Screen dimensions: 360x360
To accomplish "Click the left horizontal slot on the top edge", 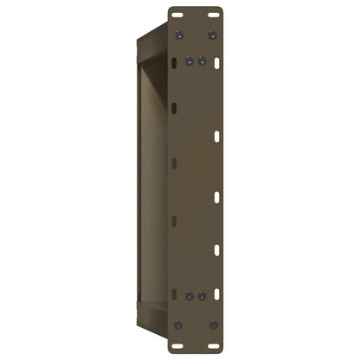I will [178, 16].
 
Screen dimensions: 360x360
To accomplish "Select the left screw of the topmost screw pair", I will [178, 35].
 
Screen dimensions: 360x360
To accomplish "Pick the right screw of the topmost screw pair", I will [213, 35].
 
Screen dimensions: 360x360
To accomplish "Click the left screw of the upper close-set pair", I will [190, 61].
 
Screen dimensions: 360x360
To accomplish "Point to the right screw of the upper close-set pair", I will [202, 61].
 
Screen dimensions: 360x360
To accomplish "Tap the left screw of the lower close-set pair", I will [190, 295].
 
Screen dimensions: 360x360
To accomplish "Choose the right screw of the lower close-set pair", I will [202, 295].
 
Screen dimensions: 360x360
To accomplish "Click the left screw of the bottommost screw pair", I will [178, 325].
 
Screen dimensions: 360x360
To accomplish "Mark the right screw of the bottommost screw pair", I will [213, 325].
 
